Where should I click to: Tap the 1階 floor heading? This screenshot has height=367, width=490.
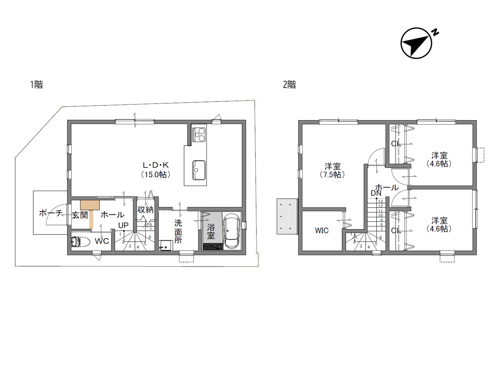(x=36, y=84)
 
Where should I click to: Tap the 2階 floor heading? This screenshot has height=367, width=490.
(x=289, y=85)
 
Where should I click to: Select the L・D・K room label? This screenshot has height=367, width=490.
(x=156, y=165)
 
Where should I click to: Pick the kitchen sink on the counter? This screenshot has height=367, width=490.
(x=199, y=170)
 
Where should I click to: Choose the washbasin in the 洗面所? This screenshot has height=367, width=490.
(x=166, y=245)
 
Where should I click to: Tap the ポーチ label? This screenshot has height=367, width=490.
(x=51, y=213)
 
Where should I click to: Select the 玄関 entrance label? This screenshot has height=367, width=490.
(x=80, y=215)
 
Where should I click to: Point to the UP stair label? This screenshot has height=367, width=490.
(x=123, y=225)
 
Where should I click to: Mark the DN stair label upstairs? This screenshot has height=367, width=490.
(x=376, y=193)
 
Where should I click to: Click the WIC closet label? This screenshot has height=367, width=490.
(x=322, y=230)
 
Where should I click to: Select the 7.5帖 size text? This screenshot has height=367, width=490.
(x=332, y=174)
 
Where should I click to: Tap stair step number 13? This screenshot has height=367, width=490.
(x=381, y=201)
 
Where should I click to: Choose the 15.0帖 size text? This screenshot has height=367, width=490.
(x=156, y=174)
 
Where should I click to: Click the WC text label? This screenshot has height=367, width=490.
(x=102, y=241)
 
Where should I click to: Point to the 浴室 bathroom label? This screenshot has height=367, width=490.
(x=211, y=232)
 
